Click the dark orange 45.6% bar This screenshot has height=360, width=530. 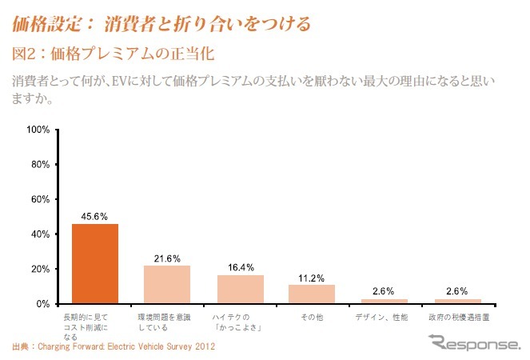click(x=95, y=264)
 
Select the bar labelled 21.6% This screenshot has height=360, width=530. click(x=167, y=285)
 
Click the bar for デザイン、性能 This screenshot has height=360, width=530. click(x=385, y=302)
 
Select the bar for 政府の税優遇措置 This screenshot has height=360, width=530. click(x=457, y=302)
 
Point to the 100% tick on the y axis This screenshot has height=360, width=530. click(x=39, y=130)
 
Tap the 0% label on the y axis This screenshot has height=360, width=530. click(x=44, y=304)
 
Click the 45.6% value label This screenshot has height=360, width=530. click(x=95, y=216)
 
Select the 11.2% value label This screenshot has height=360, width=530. click(x=312, y=277)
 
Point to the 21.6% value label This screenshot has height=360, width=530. click(x=167, y=258)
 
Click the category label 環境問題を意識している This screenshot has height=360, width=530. click(x=167, y=322)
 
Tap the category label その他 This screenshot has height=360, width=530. click(x=312, y=318)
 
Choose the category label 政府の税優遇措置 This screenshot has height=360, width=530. click(x=458, y=318)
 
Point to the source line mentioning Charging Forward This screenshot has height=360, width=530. click(x=114, y=347)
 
